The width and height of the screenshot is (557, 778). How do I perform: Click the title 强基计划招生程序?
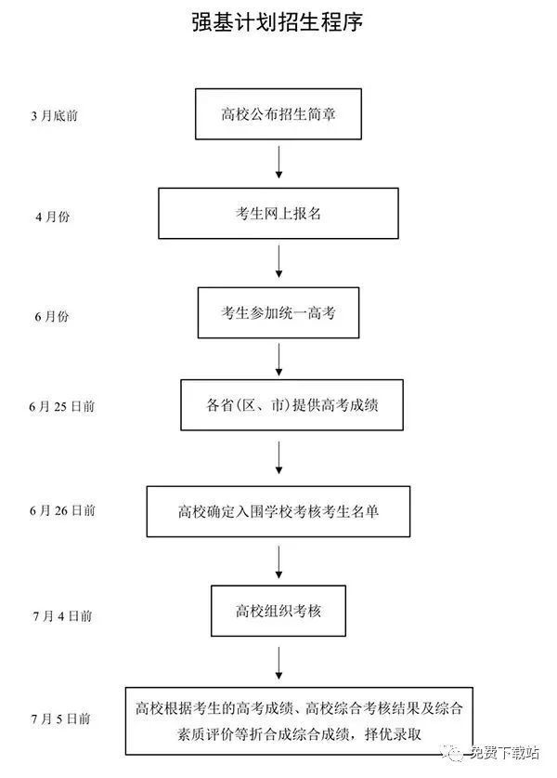(x=278, y=21)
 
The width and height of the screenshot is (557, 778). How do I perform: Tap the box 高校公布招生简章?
(x=278, y=114)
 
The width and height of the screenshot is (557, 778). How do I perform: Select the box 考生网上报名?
(x=278, y=214)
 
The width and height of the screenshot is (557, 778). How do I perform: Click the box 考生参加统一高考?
(x=278, y=312)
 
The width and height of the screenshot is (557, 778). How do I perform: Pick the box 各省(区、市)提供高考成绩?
(x=291, y=405)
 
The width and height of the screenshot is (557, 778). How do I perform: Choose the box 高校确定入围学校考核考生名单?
(x=278, y=511)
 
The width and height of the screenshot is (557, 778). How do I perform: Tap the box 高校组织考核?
(x=278, y=611)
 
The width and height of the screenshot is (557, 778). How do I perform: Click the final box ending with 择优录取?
(x=299, y=721)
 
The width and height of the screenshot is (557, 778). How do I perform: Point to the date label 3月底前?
(x=55, y=115)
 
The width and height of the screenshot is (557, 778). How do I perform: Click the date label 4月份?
(x=53, y=217)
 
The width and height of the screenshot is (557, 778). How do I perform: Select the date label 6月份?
(x=52, y=316)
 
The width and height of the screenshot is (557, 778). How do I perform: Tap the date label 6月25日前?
(x=62, y=406)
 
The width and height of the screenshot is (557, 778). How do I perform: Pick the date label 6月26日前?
(x=62, y=510)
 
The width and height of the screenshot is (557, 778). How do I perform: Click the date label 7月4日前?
(x=63, y=615)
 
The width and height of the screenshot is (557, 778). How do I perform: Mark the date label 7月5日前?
(x=61, y=718)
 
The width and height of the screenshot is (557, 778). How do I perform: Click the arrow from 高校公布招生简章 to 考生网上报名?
(x=278, y=163)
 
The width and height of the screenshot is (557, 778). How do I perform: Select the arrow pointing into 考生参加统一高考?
(x=278, y=261)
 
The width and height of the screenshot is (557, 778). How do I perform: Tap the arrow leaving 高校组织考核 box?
(x=278, y=664)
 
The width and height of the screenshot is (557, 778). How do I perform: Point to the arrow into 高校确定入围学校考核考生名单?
(x=278, y=457)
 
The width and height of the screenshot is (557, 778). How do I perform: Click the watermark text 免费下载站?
(x=504, y=753)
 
